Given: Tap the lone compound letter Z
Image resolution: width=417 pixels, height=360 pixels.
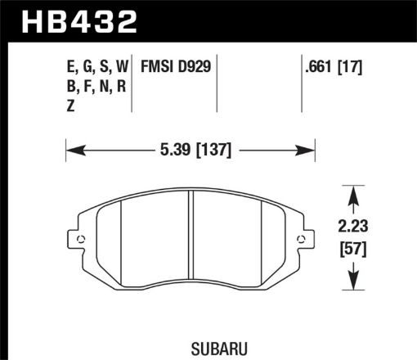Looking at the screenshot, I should tap(71, 105).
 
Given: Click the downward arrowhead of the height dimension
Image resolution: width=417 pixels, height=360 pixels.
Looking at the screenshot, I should tap(353, 286).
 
